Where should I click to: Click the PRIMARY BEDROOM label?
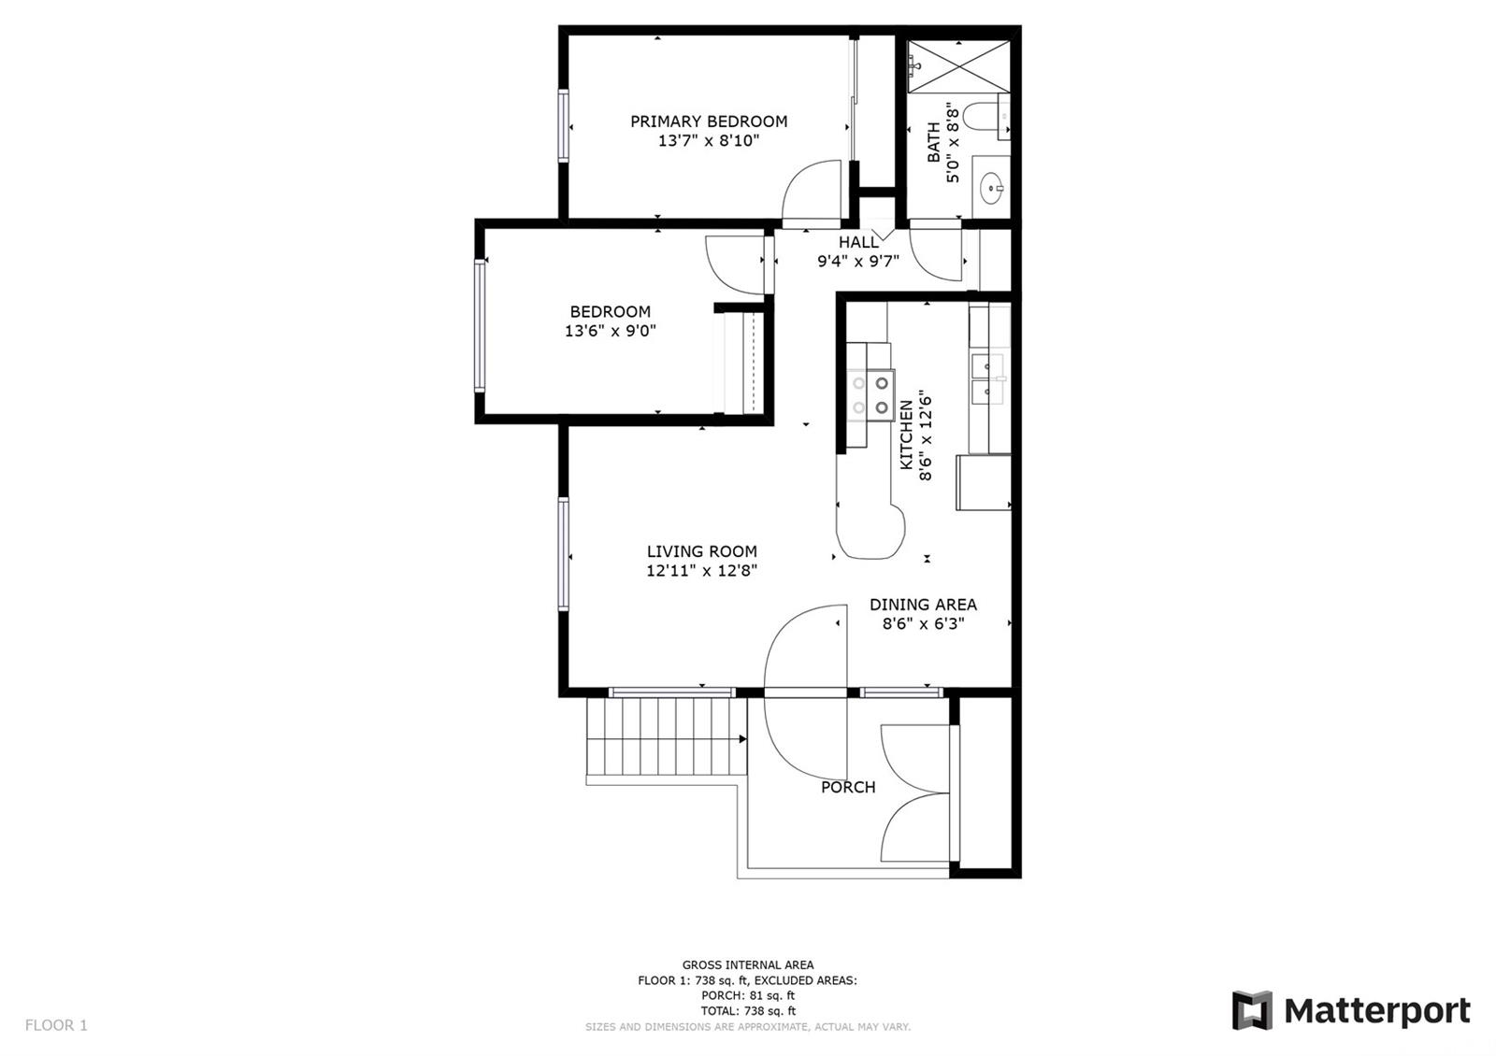tap(709, 121)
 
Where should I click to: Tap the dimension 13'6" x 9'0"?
tap(611, 331)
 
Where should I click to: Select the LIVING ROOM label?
tap(702, 551)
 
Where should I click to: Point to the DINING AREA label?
tap(923, 605)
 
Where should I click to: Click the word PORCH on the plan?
tap(848, 787)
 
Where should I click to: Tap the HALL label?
tap(859, 242)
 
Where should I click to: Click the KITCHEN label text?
tap(906, 435)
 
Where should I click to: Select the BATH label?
tap(934, 142)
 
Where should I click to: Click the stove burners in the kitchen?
tap(870, 394)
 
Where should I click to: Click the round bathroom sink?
tap(992, 188)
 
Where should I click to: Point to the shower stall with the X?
tap(958, 66)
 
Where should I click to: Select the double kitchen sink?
tap(987, 379)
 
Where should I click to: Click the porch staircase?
tap(667, 737)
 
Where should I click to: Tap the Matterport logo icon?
tap(1252, 1010)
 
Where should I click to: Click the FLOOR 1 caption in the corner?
tap(56, 1025)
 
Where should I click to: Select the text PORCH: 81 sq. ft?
tap(748, 996)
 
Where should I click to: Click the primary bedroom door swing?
tap(811, 191)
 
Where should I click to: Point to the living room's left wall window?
tap(564, 554)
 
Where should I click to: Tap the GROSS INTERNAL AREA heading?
tap(748, 964)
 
